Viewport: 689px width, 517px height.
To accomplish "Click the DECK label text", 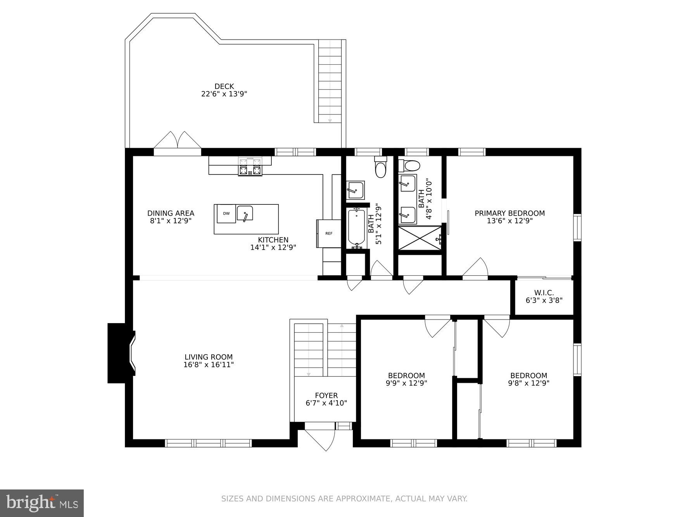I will [x=224, y=86].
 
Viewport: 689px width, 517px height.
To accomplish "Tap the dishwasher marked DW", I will [x=226, y=214].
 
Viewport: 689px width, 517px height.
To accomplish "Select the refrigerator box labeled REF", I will [x=329, y=233].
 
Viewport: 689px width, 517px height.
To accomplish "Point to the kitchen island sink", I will [x=245, y=213].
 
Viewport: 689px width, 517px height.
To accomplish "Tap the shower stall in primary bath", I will [x=420, y=238].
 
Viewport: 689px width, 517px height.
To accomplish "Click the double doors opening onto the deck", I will [x=178, y=141].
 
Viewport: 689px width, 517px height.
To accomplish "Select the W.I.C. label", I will [x=544, y=293].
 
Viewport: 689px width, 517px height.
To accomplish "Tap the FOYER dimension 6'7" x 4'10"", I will [x=326, y=403].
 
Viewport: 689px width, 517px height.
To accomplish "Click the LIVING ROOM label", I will [x=209, y=357].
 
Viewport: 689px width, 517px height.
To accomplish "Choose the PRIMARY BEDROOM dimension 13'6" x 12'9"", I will [x=509, y=221].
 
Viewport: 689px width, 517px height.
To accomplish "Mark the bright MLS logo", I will [x=42, y=503].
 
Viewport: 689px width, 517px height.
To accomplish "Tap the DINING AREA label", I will [x=171, y=213].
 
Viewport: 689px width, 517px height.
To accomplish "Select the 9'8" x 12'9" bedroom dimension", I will [x=528, y=383].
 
